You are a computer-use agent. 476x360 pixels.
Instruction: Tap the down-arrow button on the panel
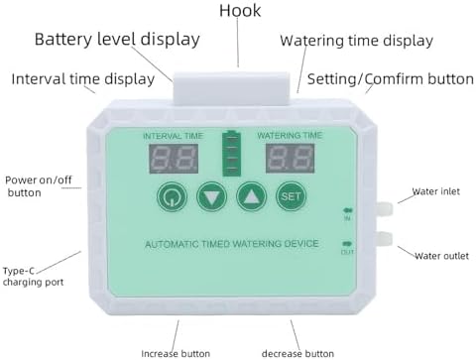click(211, 196)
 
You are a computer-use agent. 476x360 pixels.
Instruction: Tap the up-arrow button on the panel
click(252, 196)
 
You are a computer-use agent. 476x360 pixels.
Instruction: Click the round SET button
click(292, 196)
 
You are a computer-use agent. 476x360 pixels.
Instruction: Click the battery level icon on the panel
click(231, 153)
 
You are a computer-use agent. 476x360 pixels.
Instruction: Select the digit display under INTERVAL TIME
click(174, 159)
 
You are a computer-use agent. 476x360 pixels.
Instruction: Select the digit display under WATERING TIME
click(290, 158)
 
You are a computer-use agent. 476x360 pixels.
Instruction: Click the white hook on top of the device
click(232, 88)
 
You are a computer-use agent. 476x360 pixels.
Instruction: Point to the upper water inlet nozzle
click(385, 209)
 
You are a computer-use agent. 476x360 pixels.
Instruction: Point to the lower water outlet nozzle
click(385, 239)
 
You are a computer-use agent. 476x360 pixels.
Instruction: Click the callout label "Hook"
click(240, 10)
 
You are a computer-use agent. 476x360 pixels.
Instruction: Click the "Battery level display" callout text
click(117, 40)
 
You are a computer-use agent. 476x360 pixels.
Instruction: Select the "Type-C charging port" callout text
click(33, 277)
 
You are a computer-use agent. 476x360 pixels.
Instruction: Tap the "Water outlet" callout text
click(441, 256)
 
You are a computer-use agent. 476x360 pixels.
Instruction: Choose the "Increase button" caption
click(176, 353)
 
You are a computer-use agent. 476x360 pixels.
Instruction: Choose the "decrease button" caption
click(297, 353)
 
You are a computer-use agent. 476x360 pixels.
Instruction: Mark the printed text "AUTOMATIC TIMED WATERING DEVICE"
click(232, 244)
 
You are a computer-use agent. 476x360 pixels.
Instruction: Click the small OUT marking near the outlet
click(347, 252)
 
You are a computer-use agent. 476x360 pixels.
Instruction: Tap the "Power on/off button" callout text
click(39, 186)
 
